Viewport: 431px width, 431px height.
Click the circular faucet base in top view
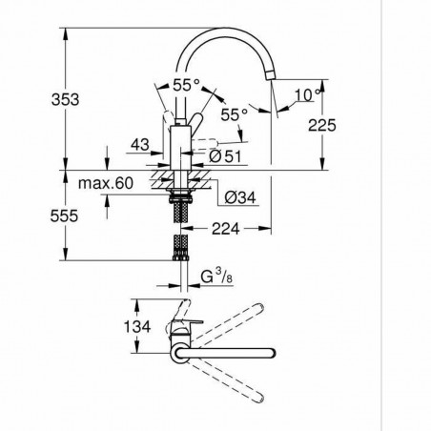[x=179, y=355]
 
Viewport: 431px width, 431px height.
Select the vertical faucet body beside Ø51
[x=179, y=148]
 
